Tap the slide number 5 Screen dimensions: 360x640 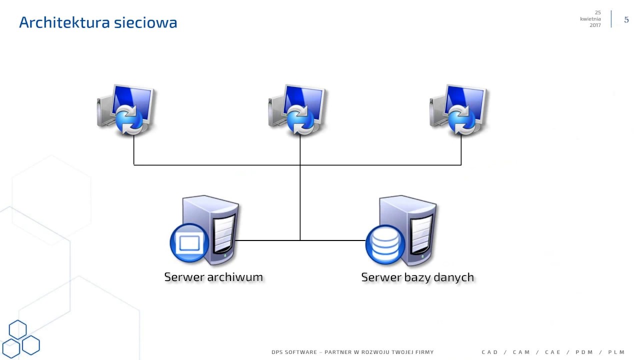coord(626,20)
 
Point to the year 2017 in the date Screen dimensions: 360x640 coord(595,25)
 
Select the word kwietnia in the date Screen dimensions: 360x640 coord(590,19)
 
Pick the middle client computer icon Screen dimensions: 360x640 coord(297,110)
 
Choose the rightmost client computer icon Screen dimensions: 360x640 coord(459,110)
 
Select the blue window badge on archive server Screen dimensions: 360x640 coord(189,243)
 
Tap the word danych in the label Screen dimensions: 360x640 coord(454,277)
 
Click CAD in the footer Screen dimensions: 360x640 coord(490,352)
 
